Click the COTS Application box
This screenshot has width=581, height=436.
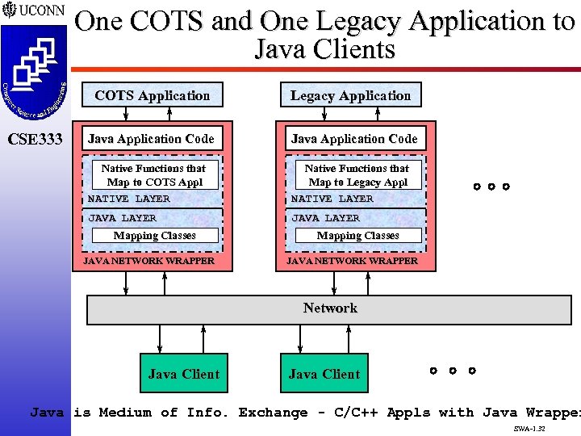pos(153,95)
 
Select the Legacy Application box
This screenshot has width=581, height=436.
pos(350,95)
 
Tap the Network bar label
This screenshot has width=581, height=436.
pos(330,308)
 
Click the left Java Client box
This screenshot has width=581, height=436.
pos(183,374)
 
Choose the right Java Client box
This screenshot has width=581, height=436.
pos(324,374)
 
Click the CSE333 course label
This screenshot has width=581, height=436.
pos(34,140)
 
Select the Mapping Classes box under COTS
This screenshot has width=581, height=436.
pos(154,236)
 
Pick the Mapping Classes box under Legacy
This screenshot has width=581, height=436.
pos(357,236)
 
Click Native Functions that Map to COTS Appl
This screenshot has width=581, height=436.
pos(153,175)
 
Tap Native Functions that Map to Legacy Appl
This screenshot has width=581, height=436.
pos(357,175)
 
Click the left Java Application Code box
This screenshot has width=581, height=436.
pos(151,139)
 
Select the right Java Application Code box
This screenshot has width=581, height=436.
pos(354,139)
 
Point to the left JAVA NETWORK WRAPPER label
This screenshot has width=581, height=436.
pos(150,261)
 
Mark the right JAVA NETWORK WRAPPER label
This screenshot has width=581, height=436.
pos(353,261)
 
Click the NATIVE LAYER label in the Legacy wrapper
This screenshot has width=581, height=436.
pos(332,199)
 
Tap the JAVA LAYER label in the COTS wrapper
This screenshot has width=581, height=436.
pos(122,218)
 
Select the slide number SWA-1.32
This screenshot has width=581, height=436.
pos(529,430)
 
